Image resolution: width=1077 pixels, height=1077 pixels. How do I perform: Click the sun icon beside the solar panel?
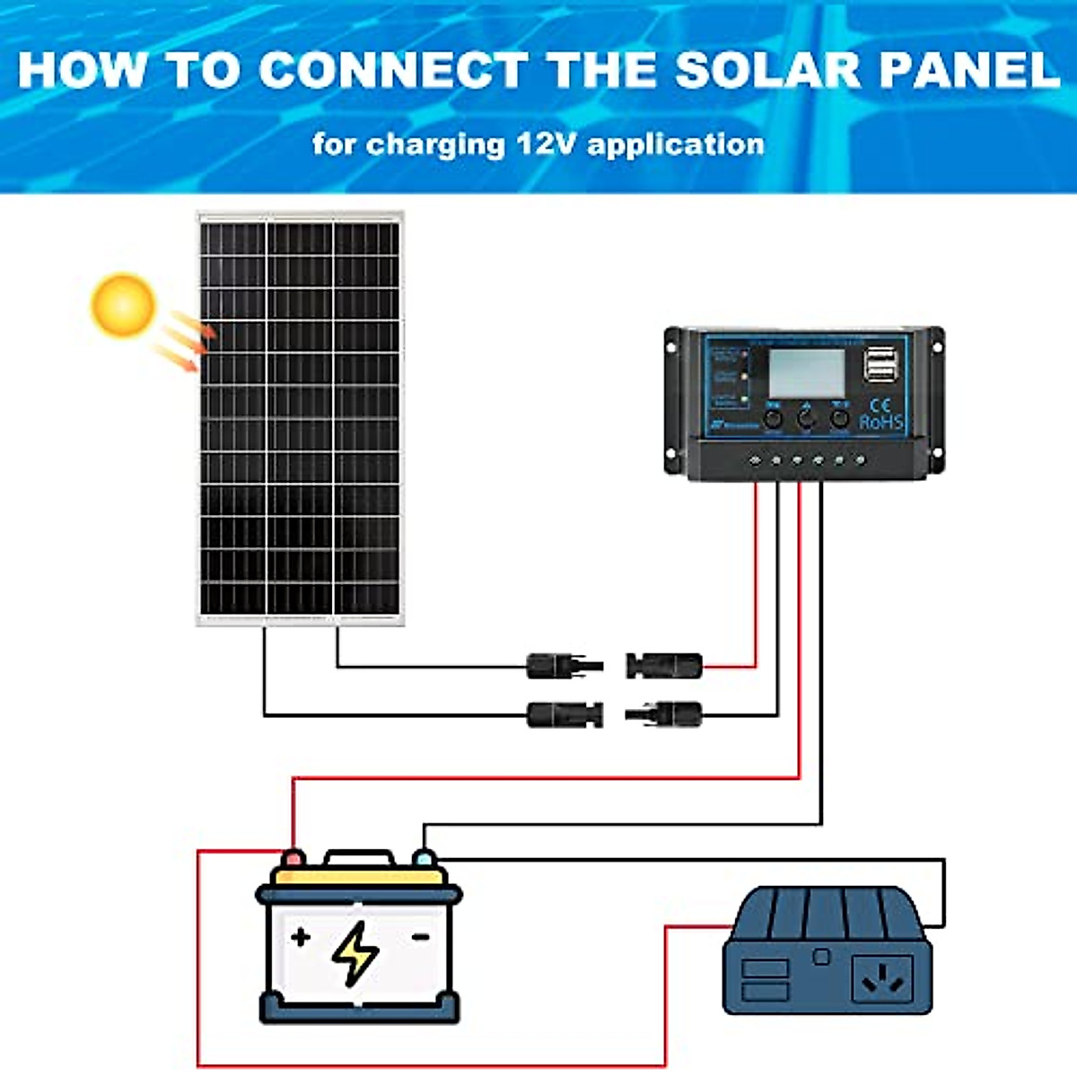pos(123,304)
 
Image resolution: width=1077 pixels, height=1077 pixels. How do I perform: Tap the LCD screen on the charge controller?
pos(805,372)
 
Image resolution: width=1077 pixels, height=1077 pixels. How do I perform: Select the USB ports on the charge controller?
pos(879,364)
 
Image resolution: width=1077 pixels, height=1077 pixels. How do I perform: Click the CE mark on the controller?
pos(880,405)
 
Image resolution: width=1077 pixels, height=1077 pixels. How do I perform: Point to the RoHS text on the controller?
pos(881,422)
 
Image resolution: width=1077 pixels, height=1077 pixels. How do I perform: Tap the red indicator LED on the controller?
pos(744,355)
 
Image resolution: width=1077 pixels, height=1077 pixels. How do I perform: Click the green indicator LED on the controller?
pos(744,398)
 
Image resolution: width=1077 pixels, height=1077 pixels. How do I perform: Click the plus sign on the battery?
pos(301,937)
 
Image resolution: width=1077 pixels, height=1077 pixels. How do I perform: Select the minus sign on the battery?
pos(419,937)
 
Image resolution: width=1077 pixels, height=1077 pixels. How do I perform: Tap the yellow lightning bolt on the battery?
pos(356,953)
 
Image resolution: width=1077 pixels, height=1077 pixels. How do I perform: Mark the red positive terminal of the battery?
pos(293,859)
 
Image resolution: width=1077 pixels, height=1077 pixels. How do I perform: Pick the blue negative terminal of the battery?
pos(424,859)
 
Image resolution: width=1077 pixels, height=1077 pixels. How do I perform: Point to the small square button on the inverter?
pos(820,957)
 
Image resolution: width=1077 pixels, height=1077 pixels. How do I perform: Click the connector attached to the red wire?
pos(664,666)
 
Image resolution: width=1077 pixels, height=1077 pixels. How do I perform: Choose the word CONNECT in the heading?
pos(392,70)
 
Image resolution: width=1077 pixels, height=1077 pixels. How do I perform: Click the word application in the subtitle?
pos(675,144)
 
